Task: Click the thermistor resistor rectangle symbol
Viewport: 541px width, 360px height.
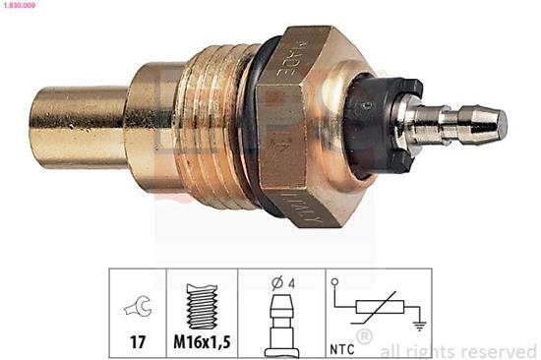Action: (378, 304)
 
